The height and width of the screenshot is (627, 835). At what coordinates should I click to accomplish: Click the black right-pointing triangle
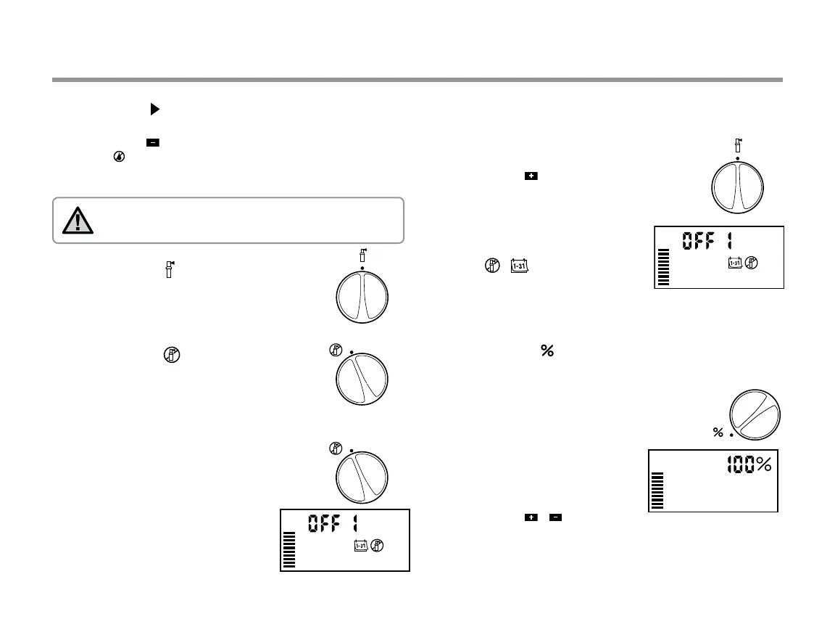click(154, 110)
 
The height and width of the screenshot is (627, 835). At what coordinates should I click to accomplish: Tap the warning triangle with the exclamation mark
click(78, 220)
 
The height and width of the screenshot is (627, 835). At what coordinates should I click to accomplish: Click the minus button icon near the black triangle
click(153, 143)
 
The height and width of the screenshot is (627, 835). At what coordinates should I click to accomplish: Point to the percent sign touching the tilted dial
click(718, 433)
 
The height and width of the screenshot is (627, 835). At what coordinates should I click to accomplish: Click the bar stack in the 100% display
click(657, 491)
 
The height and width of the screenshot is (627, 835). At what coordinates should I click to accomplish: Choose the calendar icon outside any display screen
click(518, 267)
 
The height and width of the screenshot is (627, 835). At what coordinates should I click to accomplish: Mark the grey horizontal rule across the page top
click(417, 80)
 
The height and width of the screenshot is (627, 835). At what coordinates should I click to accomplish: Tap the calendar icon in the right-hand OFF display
click(735, 263)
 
